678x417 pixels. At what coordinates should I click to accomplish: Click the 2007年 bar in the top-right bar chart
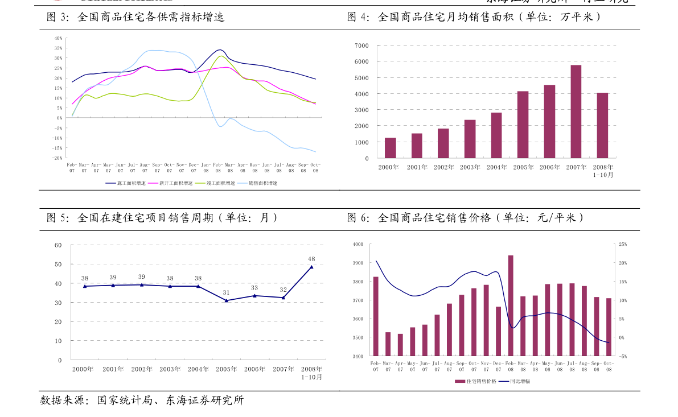coord(576,112)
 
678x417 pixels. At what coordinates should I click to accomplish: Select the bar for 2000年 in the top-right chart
coord(390,148)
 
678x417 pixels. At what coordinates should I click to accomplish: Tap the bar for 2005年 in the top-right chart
coord(523,125)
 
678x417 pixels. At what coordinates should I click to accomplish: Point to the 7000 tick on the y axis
coord(361,46)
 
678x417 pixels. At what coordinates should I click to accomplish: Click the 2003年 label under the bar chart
coord(470,167)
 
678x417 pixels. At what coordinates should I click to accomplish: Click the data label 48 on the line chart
coord(311,259)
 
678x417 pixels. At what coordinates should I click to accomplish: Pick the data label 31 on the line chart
coord(226,292)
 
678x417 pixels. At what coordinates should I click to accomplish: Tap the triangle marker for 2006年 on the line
coord(254,296)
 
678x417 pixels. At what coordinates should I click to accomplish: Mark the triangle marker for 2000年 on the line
coord(85,286)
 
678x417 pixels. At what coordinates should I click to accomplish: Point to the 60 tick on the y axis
coord(58,245)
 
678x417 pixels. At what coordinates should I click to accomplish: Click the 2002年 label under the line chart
coord(142,369)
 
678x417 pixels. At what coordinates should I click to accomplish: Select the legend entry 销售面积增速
coord(263,183)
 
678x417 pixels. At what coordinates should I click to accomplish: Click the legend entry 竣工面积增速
coord(220,183)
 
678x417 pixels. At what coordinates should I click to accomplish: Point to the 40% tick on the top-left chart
coord(59,38)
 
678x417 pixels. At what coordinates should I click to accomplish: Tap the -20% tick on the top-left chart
coord(57,158)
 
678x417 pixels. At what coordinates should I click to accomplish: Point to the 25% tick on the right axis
coord(623,244)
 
